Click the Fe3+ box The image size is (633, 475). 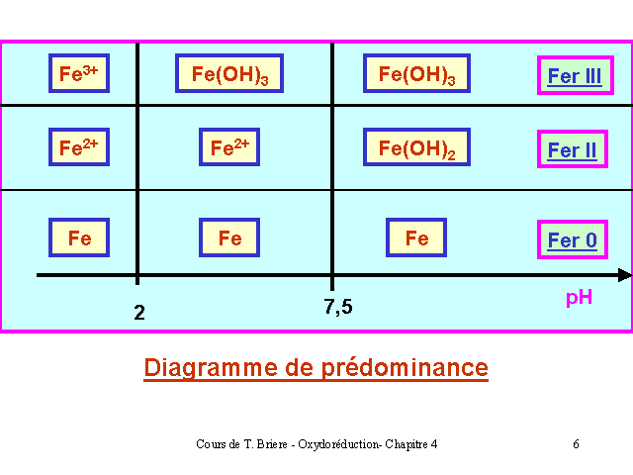(79, 73)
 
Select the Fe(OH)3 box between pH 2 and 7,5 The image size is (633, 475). (229, 73)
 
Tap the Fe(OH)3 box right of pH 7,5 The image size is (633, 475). (416, 73)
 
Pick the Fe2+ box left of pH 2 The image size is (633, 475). (79, 147)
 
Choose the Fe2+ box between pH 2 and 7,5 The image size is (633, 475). (229, 147)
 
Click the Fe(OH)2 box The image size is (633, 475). (416, 147)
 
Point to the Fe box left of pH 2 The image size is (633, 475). (79, 237)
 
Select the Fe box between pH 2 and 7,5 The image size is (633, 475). (229, 237)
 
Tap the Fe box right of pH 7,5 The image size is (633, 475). (416, 237)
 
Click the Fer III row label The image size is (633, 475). (576, 75)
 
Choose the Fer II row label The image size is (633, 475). (573, 149)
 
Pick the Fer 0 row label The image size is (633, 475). (573, 239)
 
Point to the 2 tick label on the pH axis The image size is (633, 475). (139, 313)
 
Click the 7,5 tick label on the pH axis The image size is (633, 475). (338, 307)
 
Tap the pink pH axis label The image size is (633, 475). (579, 298)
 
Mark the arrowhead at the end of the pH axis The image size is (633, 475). (625, 275)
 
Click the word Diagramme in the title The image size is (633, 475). (211, 368)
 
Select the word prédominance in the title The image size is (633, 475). (405, 368)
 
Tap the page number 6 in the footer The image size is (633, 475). (576, 444)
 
